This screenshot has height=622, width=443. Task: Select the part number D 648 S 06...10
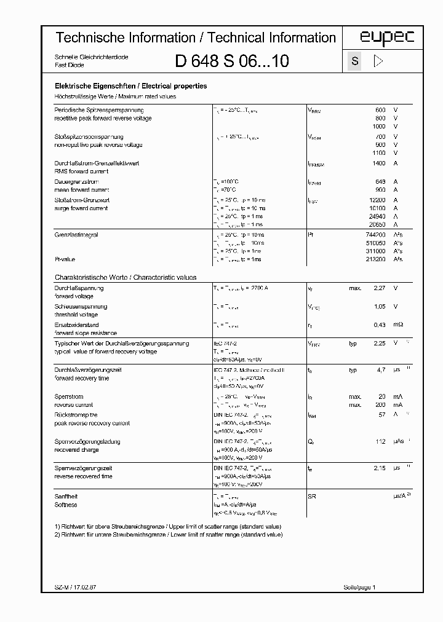pyautogui.click(x=231, y=61)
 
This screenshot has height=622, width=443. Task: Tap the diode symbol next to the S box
pyautogui.click(x=378, y=61)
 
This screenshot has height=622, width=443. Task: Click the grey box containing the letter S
pyautogui.click(x=354, y=61)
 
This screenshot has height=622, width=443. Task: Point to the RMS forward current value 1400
pyautogui.click(x=378, y=163)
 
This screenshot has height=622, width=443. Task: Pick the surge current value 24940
pyautogui.click(x=376, y=217)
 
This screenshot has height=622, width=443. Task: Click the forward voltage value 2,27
pyautogui.click(x=379, y=288)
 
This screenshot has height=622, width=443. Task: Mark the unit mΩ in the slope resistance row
pyautogui.click(x=398, y=325)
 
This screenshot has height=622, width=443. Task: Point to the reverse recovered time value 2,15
pyautogui.click(x=379, y=468)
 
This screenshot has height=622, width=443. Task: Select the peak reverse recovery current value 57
pyautogui.click(x=381, y=415)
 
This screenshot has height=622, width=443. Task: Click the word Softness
pyautogui.click(x=66, y=505)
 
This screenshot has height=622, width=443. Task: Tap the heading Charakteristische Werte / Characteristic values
pyautogui.click(x=126, y=277)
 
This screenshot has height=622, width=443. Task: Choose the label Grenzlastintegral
pyautogui.click(x=76, y=235)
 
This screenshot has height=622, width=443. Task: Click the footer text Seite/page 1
pyautogui.click(x=358, y=588)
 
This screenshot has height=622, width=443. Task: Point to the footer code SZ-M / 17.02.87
pyautogui.click(x=72, y=588)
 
